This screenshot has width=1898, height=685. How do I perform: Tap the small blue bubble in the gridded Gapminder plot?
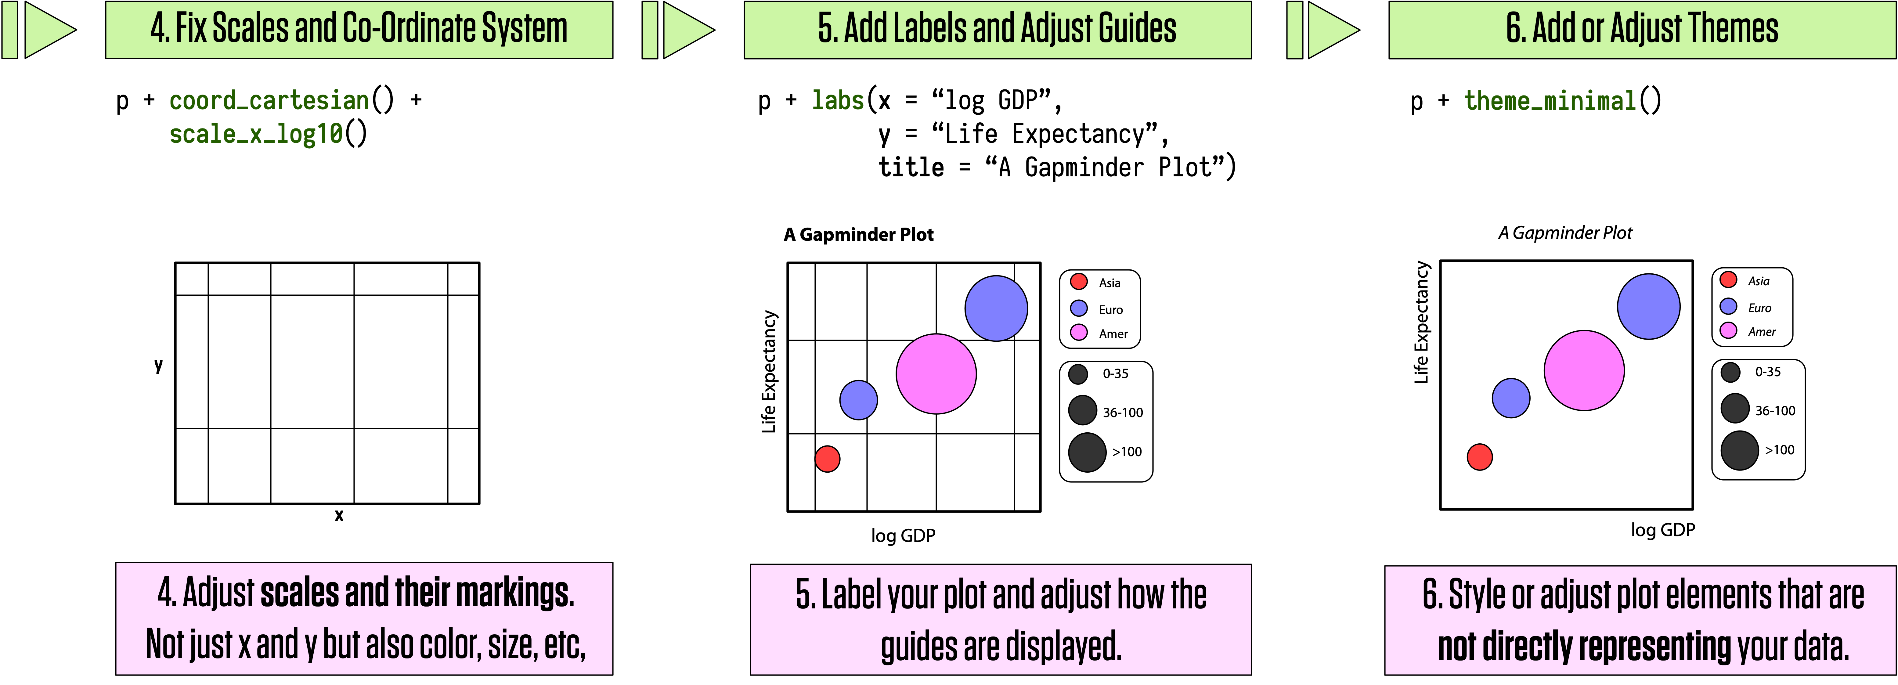click(858, 400)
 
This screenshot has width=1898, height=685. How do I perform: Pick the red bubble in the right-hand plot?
click(1480, 457)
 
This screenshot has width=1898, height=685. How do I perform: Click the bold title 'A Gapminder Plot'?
click(858, 234)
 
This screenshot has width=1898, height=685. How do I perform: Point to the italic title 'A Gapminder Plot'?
click(1565, 233)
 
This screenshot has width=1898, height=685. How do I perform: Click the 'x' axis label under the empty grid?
click(339, 516)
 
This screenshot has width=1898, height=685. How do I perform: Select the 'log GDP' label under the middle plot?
click(903, 535)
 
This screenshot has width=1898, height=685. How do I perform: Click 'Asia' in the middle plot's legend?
click(1110, 283)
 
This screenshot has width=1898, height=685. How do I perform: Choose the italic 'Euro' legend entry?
click(1759, 308)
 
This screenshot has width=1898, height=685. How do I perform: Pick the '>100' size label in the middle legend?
click(1127, 452)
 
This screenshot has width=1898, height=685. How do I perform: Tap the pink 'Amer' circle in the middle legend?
click(1079, 332)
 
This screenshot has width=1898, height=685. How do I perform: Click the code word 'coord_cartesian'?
click(269, 100)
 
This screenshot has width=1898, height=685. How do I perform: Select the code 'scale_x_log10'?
click(256, 134)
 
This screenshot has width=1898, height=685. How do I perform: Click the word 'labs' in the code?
click(838, 100)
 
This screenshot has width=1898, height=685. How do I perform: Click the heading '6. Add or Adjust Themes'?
click(1642, 30)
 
